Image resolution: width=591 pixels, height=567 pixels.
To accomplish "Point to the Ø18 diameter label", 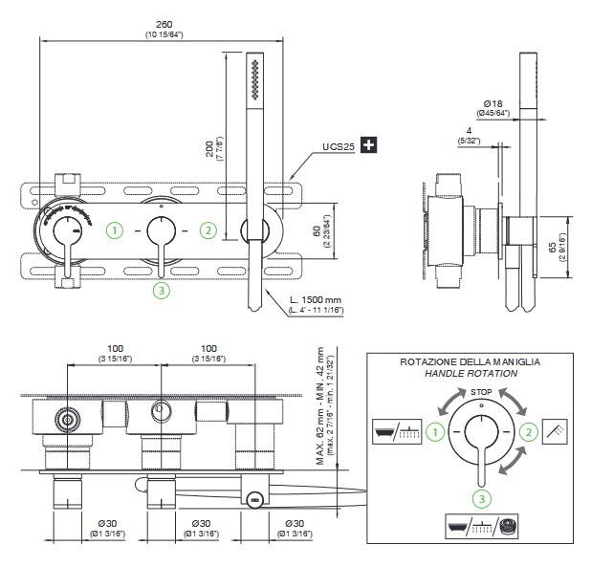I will [494, 102].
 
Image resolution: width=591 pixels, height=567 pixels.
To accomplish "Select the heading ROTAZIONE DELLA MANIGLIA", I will [470, 362].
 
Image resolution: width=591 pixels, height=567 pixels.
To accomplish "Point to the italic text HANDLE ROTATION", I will [470, 374].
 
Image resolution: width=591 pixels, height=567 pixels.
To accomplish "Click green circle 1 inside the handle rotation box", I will [436, 432].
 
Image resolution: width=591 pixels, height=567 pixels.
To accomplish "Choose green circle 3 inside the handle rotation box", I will [482, 495].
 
